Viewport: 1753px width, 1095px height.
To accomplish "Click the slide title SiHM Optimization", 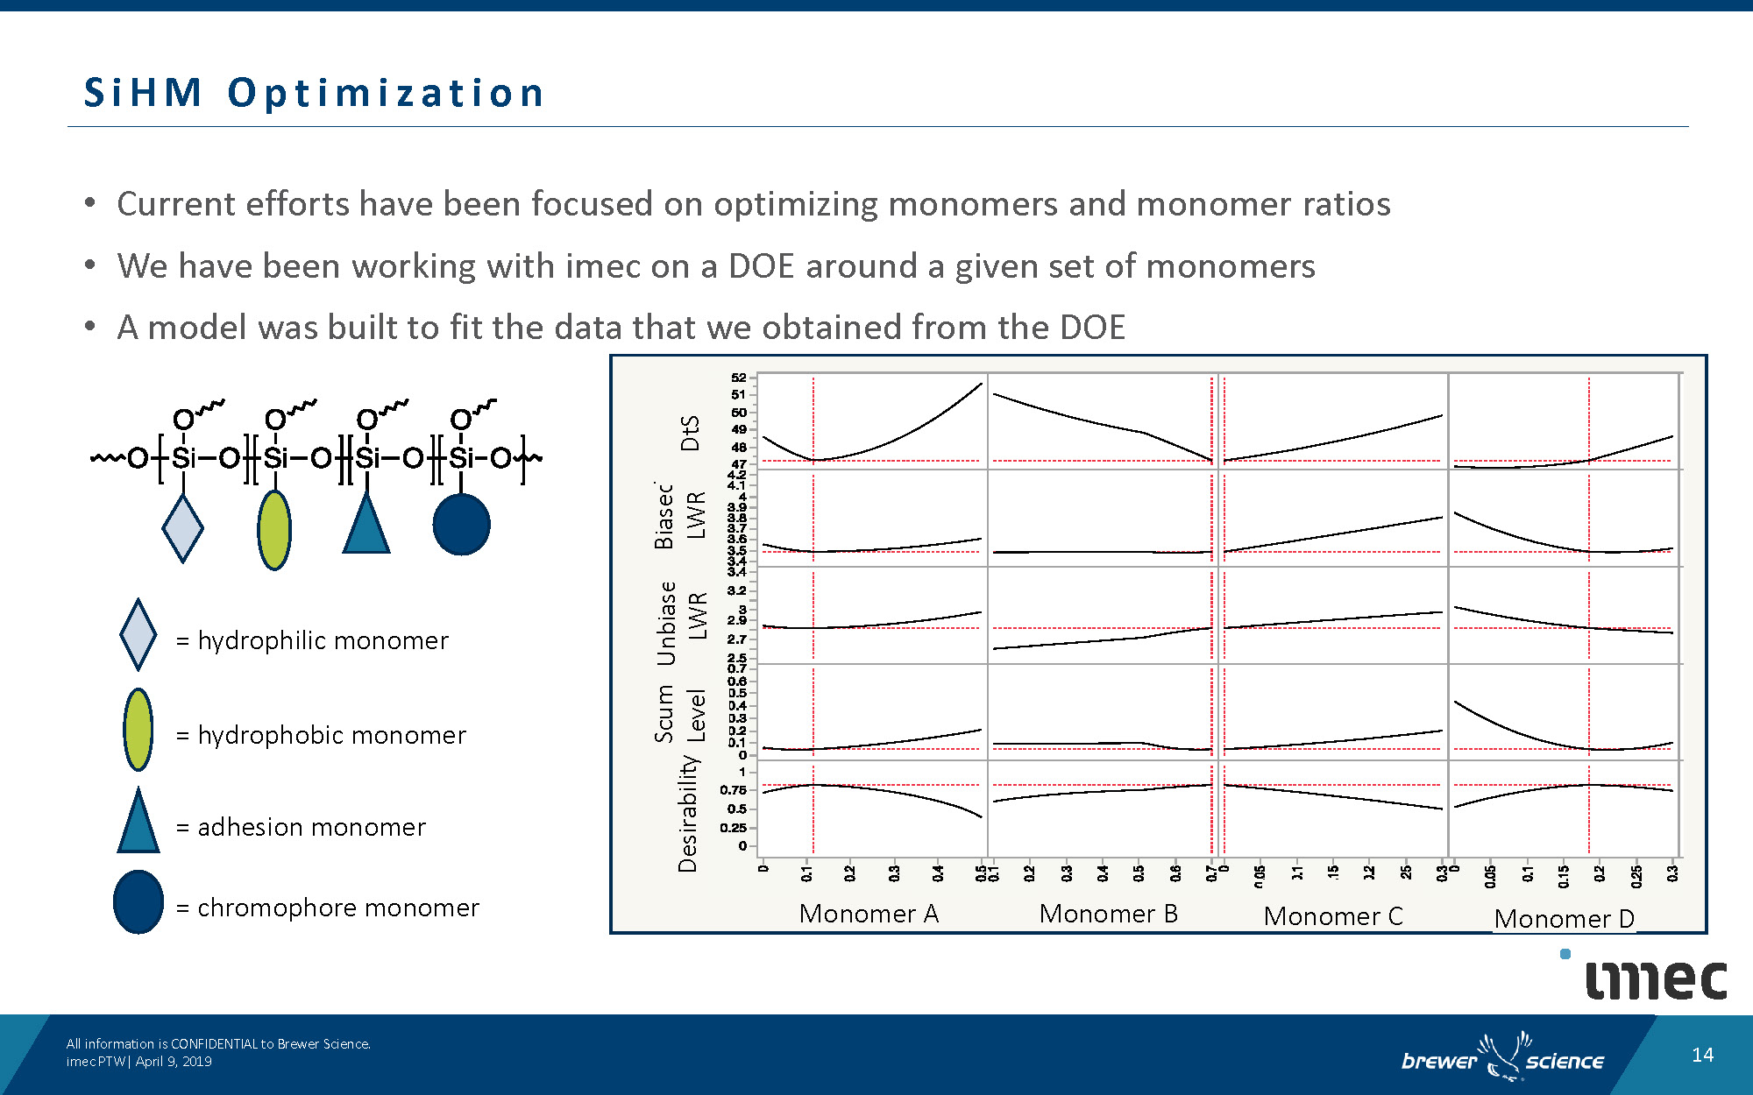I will [x=314, y=94].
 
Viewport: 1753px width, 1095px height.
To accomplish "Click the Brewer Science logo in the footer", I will [x=1502, y=1059].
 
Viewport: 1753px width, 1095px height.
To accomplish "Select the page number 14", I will [x=1702, y=1055].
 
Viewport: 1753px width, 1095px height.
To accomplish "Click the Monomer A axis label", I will [x=869, y=914].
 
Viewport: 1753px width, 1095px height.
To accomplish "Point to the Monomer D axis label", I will [x=1565, y=919].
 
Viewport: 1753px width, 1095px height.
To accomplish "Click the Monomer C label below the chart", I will [x=1333, y=916].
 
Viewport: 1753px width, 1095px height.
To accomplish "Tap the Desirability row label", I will [x=688, y=815].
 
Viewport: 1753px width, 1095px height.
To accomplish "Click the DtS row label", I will [x=691, y=433].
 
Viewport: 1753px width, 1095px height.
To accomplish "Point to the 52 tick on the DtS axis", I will [x=739, y=378].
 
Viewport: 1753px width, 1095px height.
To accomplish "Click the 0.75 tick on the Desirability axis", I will [x=734, y=790].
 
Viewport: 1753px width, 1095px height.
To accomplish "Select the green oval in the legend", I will [x=138, y=729].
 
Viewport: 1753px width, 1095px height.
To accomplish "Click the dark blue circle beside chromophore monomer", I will [x=138, y=901].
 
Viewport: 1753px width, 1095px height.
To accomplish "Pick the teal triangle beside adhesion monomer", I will [x=138, y=823].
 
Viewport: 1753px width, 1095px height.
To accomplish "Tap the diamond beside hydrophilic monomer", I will [x=138, y=634].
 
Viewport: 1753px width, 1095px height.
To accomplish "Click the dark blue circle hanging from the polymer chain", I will [x=461, y=524].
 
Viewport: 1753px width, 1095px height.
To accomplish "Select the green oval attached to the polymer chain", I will [x=274, y=529].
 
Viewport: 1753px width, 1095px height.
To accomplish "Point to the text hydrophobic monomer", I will [x=331, y=735].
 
